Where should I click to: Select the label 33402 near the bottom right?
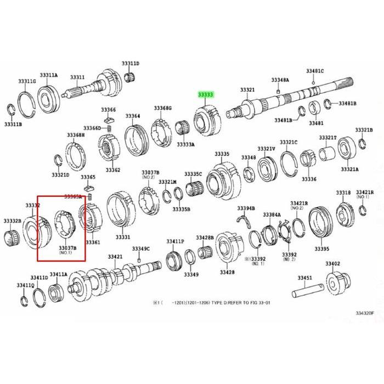[x=332, y=264]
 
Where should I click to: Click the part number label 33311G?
[x=27, y=81]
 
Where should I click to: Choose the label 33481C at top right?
[x=315, y=71]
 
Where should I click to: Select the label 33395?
[x=322, y=249]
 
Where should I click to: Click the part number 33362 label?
[x=113, y=170]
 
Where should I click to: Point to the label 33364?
[x=132, y=116]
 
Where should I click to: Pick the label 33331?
[x=122, y=237]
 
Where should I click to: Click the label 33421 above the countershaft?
[x=114, y=257]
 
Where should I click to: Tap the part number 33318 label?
[x=343, y=193]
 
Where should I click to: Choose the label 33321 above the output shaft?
[x=247, y=89]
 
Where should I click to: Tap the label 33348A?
[x=280, y=80]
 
